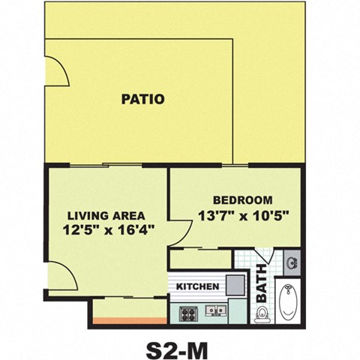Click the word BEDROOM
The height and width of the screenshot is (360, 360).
(241, 200)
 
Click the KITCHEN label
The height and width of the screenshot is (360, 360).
(197, 286)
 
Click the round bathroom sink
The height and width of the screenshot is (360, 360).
(292, 263)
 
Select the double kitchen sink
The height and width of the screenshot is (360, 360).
(217, 310)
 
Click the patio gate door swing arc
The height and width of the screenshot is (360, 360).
(55, 73)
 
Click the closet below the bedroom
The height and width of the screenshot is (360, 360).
(199, 259)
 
